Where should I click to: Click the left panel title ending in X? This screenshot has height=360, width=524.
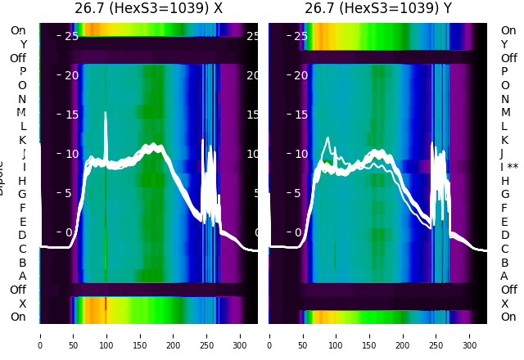(x=148, y=8)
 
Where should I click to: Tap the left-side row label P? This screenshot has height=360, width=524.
(x=23, y=71)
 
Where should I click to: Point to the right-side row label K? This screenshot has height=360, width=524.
(x=505, y=140)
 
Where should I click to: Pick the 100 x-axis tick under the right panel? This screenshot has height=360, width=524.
(x=337, y=335)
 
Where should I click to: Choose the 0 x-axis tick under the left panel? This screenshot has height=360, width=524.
(x=39, y=335)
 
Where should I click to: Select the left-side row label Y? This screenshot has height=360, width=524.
(x=23, y=44)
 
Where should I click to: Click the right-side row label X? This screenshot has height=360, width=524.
(x=505, y=304)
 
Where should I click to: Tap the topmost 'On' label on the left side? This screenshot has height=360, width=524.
(x=18, y=30)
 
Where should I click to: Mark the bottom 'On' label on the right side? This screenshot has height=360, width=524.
(x=508, y=317)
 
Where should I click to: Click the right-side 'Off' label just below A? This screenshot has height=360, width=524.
(x=508, y=290)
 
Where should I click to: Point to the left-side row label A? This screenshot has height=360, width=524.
(x=23, y=276)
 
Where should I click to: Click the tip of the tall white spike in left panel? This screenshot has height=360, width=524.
(x=106, y=113)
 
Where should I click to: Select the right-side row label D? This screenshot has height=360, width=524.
(x=505, y=235)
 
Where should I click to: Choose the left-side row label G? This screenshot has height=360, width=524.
(x=22, y=194)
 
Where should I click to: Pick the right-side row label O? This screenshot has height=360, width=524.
(x=505, y=85)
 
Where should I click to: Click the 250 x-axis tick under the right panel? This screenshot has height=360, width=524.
(x=436, y=335)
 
